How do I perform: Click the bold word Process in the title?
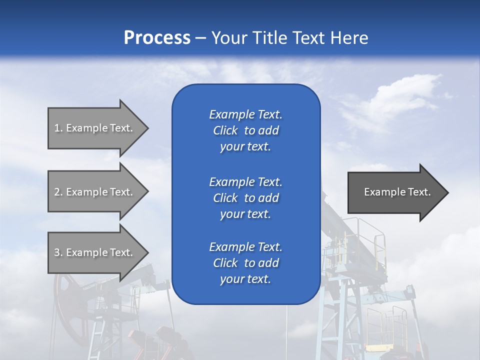pos(157,37)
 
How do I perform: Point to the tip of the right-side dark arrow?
pos(447,192)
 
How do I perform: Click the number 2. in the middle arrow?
pos(58,192)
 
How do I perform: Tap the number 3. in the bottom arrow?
pos(58,252)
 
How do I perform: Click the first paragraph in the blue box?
pos(245,130)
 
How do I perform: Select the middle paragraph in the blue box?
pos(245,197)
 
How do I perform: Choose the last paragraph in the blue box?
pos(245,263)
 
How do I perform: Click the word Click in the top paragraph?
pos(225,130)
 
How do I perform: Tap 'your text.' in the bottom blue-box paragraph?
pos(245,279)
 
